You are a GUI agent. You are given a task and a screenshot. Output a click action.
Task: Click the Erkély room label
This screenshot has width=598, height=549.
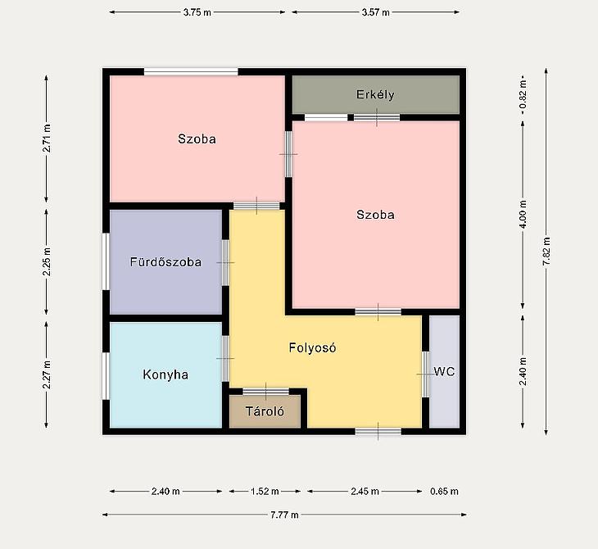pos(375,94)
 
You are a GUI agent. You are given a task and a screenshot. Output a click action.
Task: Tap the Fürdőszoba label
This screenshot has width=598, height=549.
pos(166,262)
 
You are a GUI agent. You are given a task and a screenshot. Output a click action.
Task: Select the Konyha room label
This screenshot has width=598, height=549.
pos(165,374)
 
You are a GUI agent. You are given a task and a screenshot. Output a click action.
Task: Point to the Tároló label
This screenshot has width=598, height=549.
pos(265,411)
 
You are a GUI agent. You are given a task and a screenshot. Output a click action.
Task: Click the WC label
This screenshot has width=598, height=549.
pos(444,371)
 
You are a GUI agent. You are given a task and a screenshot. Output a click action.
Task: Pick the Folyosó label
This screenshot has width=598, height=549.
pos(312,348)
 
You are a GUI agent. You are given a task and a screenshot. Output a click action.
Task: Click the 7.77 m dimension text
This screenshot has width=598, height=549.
pos(284,515)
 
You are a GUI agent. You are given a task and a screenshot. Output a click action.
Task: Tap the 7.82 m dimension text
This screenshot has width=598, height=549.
pos(546,252)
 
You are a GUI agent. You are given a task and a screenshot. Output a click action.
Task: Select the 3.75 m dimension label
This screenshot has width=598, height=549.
pos(197,12)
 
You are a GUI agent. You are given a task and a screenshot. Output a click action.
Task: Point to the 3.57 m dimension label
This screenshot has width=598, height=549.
pos(376,12)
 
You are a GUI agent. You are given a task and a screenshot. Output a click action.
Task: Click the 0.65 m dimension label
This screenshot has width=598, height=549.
pos(444,492)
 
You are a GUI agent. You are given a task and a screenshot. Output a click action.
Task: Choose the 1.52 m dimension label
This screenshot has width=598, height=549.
pos(265,492)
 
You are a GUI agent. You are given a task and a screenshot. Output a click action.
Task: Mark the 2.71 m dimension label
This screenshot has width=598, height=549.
pos(47,138)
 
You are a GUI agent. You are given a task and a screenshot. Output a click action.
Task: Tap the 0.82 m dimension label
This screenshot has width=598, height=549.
pos(523,93)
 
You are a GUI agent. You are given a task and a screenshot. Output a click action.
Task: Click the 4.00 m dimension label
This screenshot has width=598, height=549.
pos(523,215)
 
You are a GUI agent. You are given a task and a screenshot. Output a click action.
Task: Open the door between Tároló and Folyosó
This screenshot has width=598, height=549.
pos(265,392)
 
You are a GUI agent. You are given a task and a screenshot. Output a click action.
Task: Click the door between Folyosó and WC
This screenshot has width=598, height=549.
pos(425,374)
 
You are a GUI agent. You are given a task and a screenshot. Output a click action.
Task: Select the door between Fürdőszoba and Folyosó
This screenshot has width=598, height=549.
pos(225,262)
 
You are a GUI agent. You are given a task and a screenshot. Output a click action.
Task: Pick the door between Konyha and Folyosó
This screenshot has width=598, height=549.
pos(225,358)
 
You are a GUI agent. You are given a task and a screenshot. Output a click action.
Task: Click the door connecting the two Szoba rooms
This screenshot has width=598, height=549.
pos(288,154)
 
